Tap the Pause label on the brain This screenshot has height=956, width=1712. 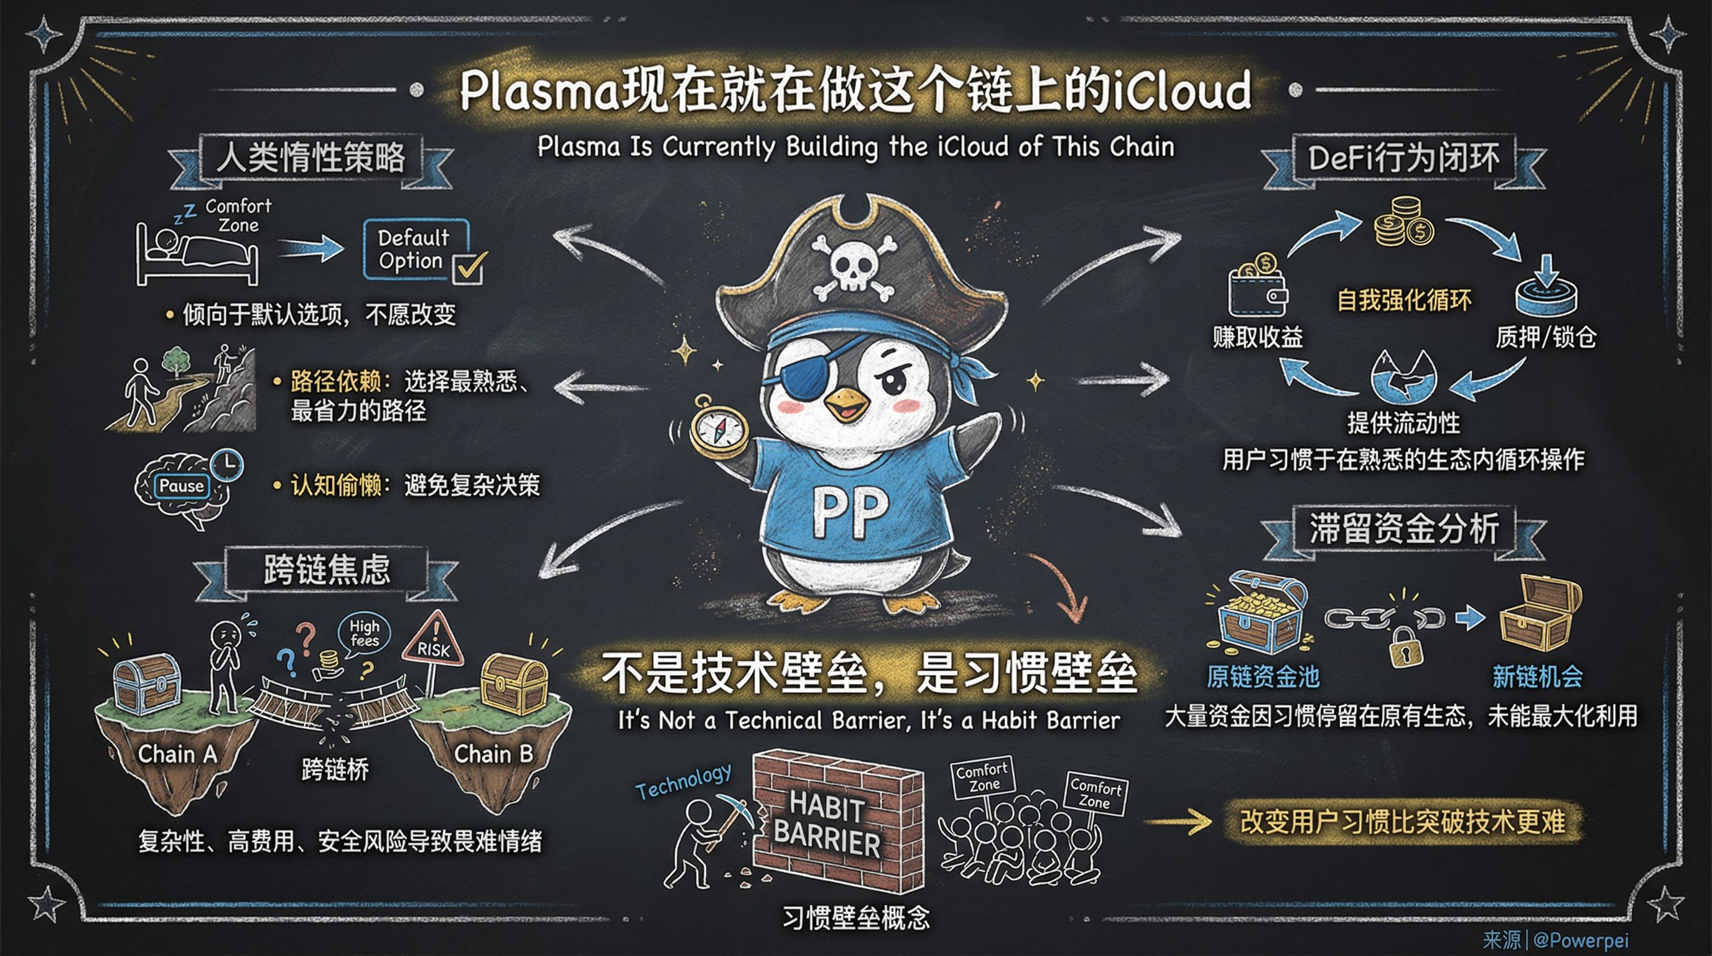[x=182, y=486]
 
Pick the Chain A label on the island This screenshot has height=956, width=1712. [x=177, y=754]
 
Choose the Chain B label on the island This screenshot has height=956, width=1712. [x=493, y=754]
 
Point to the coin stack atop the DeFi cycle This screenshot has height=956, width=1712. [x=1403, y=222]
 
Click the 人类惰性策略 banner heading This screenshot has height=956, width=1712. [x=311, y=158]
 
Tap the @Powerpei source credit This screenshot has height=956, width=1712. [x=1580, y=939]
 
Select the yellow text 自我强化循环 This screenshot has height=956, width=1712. [x=1403, y=301]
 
